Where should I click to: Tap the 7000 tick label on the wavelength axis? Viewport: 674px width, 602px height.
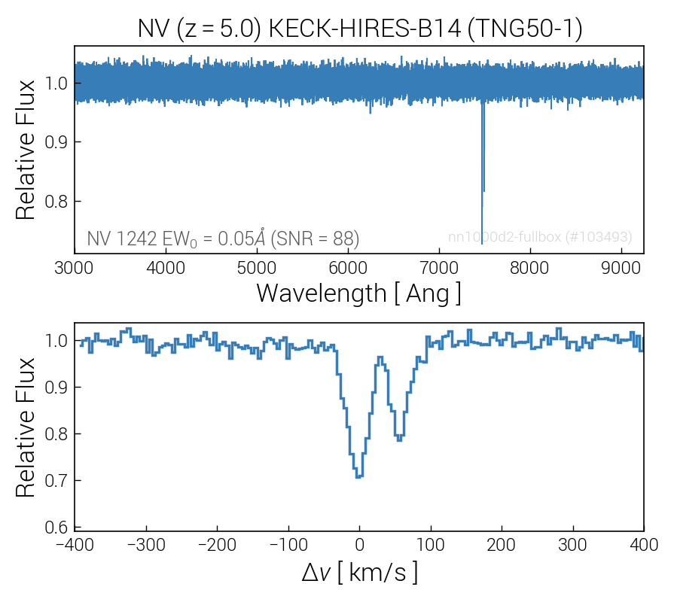point(438,267)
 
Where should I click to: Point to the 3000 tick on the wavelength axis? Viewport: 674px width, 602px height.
point(74,267)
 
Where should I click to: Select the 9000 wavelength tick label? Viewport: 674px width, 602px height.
point(621,267)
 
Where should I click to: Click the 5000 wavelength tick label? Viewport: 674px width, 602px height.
point(256,267)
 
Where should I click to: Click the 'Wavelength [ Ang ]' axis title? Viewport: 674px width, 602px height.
point(358,293)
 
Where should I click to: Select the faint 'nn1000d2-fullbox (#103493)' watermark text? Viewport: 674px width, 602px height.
point(540,237)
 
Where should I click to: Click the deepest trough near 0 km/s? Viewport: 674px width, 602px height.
point(359,476)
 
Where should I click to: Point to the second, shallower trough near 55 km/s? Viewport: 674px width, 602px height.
point(399,439)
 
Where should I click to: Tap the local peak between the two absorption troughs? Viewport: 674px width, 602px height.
point(380,358)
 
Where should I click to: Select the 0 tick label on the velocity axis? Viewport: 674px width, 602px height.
point(359,543)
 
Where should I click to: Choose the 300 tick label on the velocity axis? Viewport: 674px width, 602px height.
point(572,543)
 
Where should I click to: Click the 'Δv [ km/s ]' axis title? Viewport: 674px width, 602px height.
point(358,573)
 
